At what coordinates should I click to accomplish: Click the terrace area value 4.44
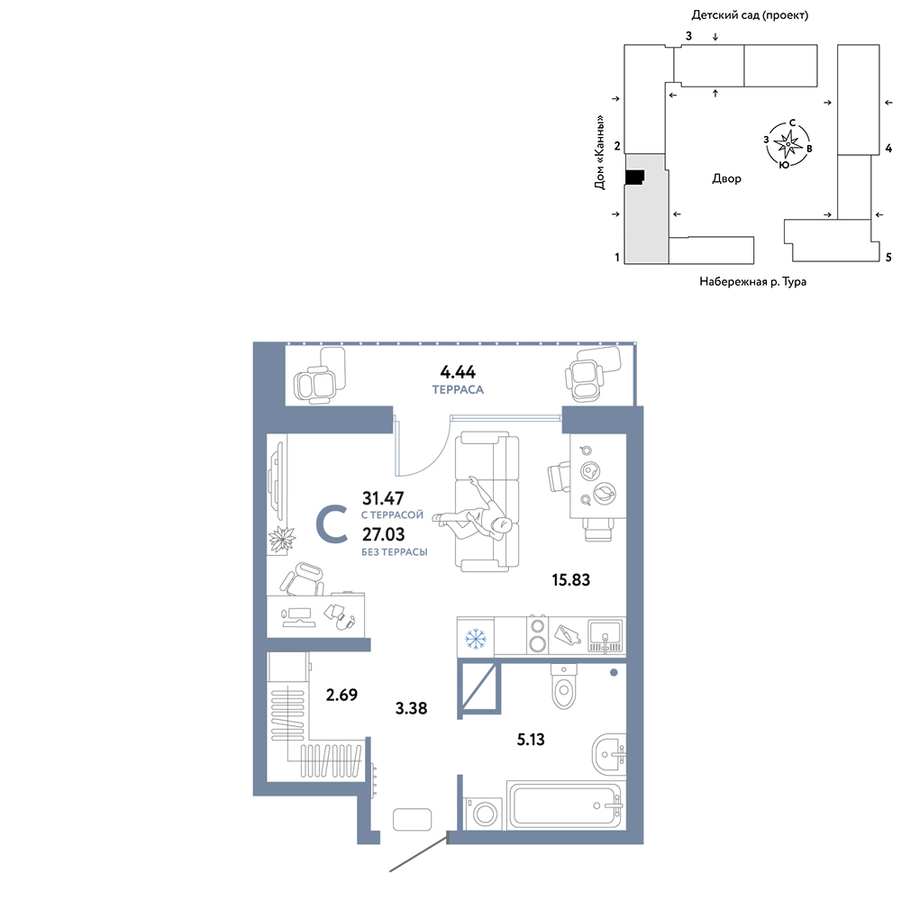[458, 372]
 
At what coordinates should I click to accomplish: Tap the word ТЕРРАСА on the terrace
[458, 389]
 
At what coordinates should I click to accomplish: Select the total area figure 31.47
[383, 497]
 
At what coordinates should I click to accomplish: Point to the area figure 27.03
[383, 534]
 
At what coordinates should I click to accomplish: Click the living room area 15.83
[570, 579]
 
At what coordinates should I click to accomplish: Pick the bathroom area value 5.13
[531, 739]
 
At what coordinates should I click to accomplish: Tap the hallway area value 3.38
[411, 708]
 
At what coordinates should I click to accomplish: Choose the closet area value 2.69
[341, 695]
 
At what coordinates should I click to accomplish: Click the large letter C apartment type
[332, 524]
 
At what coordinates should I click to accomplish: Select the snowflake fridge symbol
[475, 639]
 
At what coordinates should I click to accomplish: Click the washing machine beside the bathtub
[483, 813]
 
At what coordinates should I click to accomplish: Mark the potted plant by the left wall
[281, 539]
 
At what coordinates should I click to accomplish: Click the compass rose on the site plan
[787, 143]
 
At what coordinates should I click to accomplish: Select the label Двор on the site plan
[726, 178]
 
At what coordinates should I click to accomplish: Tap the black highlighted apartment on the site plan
[634, 177]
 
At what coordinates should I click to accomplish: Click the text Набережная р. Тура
[752, 281]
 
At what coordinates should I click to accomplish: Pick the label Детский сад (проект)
[750, 15]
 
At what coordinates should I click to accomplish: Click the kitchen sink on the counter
[605, 636]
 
